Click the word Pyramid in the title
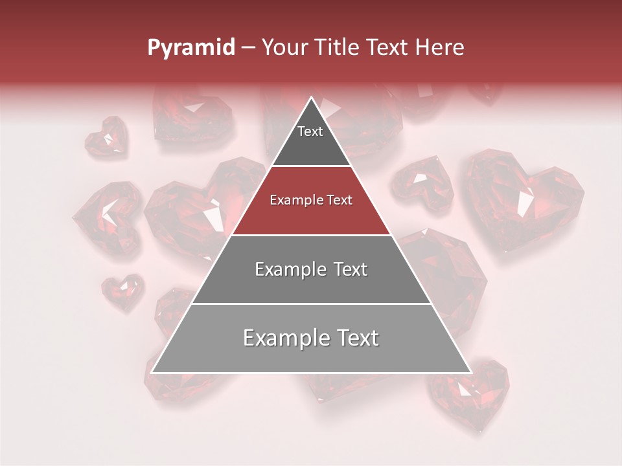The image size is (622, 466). pos(190,48)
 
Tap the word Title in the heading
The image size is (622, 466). pos(338,47)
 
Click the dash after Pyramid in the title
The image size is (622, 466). pos(248,48)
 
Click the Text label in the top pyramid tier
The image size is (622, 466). pos(310,131)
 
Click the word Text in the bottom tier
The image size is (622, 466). pos(354,338)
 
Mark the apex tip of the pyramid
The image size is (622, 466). pos(311,98)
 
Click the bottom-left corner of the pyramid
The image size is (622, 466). pos(152,373)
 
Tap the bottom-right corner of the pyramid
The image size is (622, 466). pos(471,373)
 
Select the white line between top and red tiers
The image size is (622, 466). pos(311,166)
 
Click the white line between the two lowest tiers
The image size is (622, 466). pos(311,304)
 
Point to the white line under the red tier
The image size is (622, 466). pos(311,235)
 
